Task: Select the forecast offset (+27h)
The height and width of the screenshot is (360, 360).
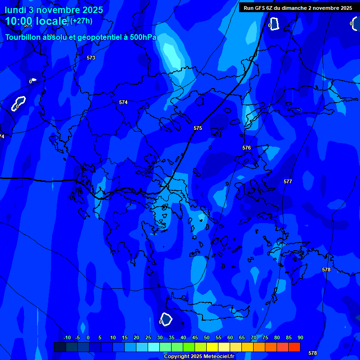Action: point(81,21)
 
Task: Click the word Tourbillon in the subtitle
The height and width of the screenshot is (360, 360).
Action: point(23,37)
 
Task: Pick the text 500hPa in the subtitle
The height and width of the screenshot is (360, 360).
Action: point(144,37)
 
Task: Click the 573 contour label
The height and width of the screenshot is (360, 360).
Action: point(91,58)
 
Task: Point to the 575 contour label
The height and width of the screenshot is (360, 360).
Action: point(198,128)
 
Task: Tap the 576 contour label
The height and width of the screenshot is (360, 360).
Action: point(247,148)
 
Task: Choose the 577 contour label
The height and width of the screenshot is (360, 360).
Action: point(288,181)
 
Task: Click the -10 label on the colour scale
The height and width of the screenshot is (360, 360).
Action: point(67,337)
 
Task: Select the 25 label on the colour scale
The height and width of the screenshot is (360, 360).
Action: point(148,337)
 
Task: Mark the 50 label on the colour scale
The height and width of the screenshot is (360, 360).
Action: point(206,337)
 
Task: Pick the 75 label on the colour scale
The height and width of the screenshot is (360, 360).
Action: point(265,337)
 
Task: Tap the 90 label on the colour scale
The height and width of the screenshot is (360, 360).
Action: point(300,337)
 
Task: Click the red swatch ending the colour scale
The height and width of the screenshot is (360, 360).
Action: point(294,347)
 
